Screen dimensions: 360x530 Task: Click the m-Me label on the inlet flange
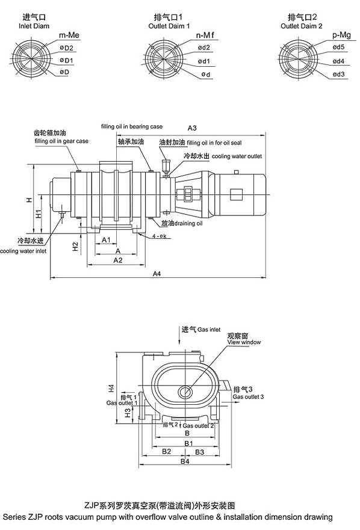(69, 35)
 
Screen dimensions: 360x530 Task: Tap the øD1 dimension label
(67, 60)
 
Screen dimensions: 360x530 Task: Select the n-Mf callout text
(205, 35)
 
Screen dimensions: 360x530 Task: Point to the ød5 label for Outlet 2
(338, 47)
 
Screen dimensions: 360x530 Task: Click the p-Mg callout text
(341, 35)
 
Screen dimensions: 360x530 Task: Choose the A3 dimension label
(192, 128)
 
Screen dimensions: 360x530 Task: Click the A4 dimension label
(157, 274)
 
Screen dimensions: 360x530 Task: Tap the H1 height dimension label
(39, 214)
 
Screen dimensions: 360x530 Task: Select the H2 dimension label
(75, 247)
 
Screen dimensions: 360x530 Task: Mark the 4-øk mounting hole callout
(159, 236)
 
